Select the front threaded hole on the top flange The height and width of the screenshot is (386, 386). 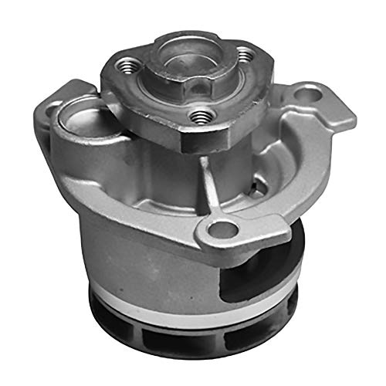point(201,116)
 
